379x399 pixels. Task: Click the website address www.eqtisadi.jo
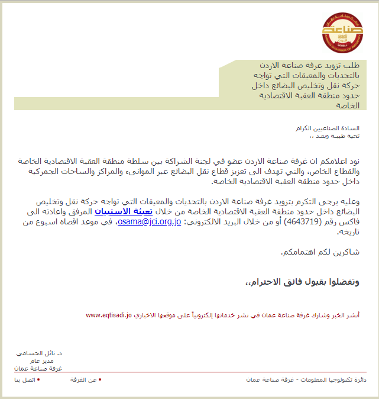(108, 315)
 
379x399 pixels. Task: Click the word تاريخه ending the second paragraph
(348, 233)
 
